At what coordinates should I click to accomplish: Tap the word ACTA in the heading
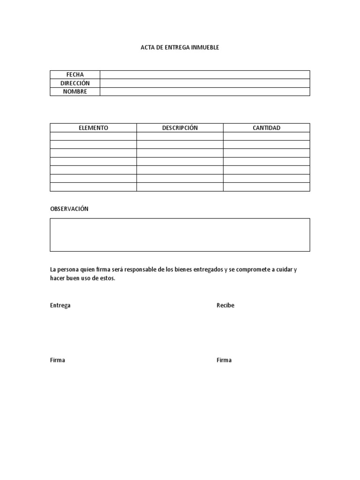[x=148, y=47]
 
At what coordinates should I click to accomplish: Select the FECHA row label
[x=75, y=75]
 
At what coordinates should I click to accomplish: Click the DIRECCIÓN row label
[x=75, y=83]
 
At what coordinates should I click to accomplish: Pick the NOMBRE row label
[x=75, y=91]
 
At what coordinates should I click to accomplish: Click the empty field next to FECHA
[x=205, y=75]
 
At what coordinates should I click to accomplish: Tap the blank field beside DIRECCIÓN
[x=205, y=83]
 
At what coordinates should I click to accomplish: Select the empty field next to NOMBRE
[x=205, y=91]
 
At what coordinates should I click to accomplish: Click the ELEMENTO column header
[x=93, y=127]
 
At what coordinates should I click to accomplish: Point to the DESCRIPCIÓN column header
[x=180, y=127]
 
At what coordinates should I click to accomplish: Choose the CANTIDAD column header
[x=266, y=127]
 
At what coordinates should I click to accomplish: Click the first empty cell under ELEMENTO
[x=93, y=136]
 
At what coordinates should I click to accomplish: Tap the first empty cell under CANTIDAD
[x=266, y=136]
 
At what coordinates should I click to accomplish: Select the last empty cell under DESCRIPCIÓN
[x=180, y=187]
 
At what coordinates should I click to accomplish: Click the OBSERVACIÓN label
[x=69, y=209]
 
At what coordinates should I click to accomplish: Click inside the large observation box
[x=180, y=234]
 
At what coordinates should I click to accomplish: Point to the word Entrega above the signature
[x=60, y=305]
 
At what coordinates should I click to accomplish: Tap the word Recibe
[x=225, y=305]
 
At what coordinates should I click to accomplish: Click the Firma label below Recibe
[x=224, y=360]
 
